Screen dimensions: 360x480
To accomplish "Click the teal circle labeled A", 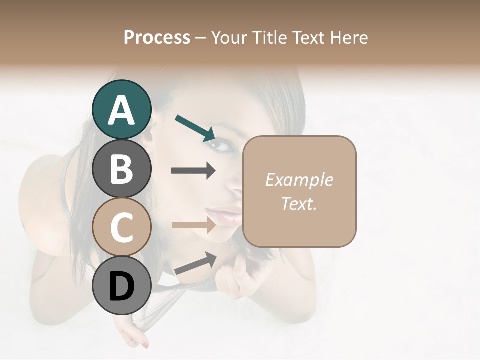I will coord(121,109).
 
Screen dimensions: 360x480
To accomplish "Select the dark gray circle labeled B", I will coord(121,168).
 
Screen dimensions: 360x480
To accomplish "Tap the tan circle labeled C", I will coord(121,227).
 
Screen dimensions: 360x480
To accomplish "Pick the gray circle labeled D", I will coord(121,285).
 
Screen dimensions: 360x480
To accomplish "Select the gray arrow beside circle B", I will coord(193,171).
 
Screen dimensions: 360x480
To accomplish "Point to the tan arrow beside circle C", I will coord(193,225).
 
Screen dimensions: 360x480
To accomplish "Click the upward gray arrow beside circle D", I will coord(195,264).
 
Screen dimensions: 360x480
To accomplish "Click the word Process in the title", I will coord(157,37).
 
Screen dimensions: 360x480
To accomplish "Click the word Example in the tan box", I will coord(299,180).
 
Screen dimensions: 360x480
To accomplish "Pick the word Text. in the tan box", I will coord(299,203).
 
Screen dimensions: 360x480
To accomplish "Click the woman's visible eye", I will coord(218,145).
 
